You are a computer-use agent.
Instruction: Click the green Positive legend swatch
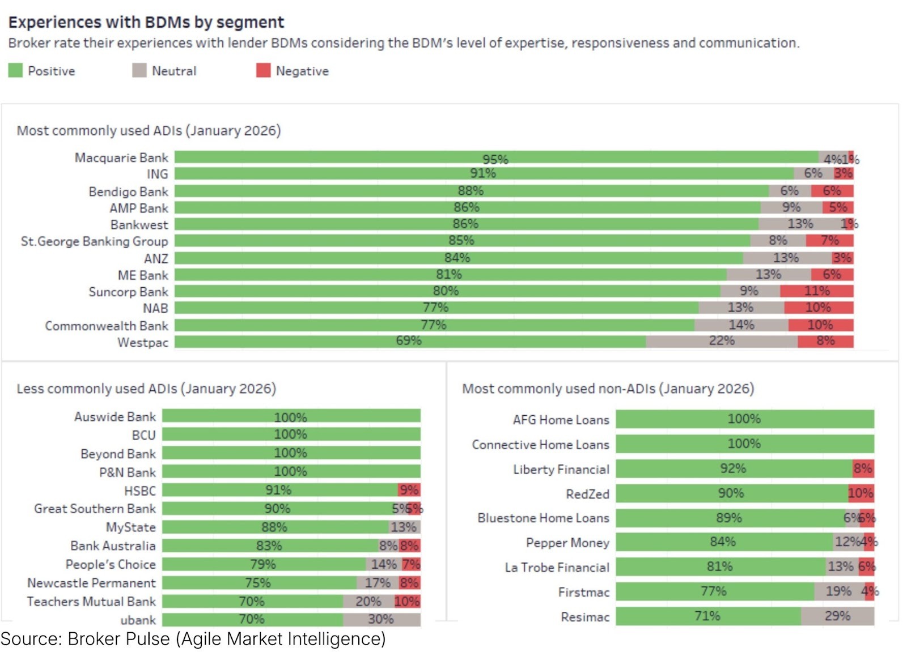click(15, 70)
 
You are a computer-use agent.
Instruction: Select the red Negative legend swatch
click(263, 70)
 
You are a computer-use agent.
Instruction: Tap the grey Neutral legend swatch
click(139, 70)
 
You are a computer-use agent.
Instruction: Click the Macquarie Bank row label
click(121, 157)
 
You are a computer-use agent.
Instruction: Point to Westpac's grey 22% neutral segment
click(721, 341)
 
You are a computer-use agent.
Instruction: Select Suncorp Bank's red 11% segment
click(816, 291)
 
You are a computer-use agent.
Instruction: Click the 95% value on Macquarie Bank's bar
click(495, 159)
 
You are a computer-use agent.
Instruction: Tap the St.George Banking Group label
click(95, 241)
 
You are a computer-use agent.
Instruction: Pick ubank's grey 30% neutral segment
click(381, 619)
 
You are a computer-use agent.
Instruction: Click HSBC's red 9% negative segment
click(409, 490)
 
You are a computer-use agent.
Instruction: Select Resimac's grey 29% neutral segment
click(837, 616)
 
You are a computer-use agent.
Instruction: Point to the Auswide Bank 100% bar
click(291, 417)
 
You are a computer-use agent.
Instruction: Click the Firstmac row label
click(583, 593)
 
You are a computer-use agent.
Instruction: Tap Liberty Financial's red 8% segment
click(863, 468)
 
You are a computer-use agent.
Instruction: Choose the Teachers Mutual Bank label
click(91, 602)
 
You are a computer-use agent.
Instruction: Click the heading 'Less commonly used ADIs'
click(146, 389)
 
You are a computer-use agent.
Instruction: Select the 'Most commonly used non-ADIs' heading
click(608, 389)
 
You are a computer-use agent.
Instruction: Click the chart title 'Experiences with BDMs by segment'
click(146, 22)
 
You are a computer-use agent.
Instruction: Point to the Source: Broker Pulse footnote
click(193, 639)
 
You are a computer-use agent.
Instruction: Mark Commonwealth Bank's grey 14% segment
click(741, 325)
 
